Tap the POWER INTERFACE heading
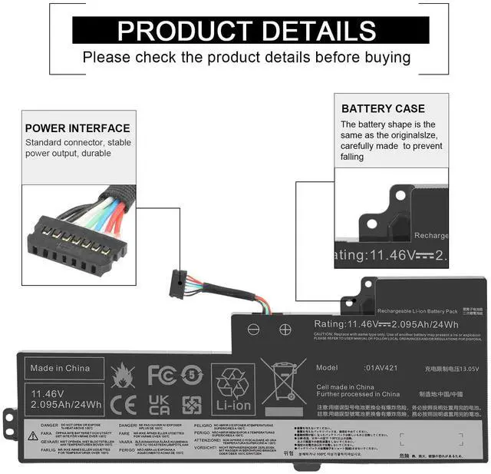[x=77, y=128]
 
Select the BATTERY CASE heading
[x=383, y=108]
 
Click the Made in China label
[x=60, y=368]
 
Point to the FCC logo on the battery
[x=162, y=375]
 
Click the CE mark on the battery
[x=124, y=404]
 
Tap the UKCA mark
[x=160, y=404]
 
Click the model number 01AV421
[x=381, y=368]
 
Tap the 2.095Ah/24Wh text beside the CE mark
[x=67, y=404]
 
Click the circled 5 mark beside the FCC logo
[x=192, y=376]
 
